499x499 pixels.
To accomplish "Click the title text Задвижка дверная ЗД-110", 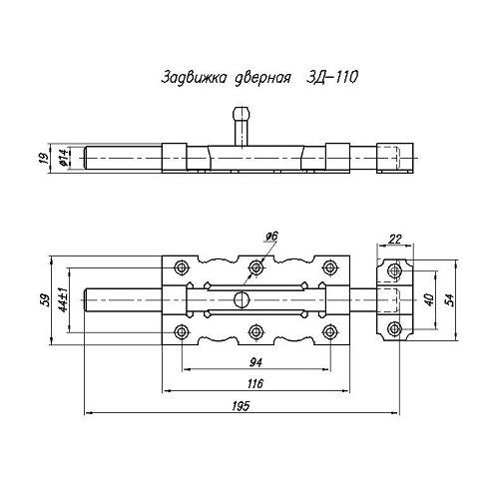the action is [x=259, y=78].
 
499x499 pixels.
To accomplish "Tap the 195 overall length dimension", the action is [x=241, y=406].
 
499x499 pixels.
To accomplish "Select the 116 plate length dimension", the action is [x=255, y=384].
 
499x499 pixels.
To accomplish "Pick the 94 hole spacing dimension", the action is [x=255, y=362].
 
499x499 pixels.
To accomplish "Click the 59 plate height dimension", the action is [x=46, y=300].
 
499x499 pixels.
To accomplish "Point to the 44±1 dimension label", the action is [x=63, y=299].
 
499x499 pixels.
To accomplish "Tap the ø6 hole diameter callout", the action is [x=271, y=237].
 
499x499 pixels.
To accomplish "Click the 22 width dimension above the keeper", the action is [x=395, y=239].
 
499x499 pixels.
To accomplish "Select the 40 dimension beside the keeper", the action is [x=429, y=300].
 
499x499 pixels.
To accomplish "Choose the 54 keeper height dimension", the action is [x=449, y=300].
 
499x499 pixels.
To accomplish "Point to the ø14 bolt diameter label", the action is [x=64, y=158].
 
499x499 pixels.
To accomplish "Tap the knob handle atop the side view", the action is [x=242, y=127].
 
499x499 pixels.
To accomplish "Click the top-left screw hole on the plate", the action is [x=182, y=267].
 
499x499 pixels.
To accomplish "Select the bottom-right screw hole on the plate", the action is [x=329, y=332].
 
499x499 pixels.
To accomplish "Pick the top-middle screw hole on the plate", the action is [x=255, y=267].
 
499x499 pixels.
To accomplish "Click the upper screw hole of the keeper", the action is [x=395, y=270].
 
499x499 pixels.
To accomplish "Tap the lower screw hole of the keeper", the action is [x=395, y=329].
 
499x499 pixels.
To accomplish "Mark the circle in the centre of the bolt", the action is [x=242, y=300].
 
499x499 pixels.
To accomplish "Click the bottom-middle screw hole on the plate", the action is [x=255, y=332].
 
